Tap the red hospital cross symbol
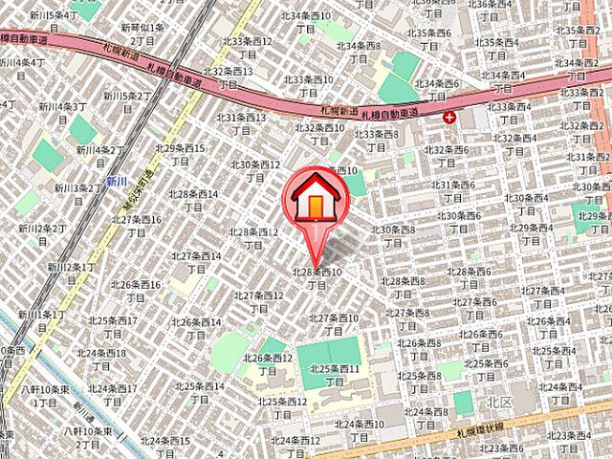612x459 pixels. (450, 117)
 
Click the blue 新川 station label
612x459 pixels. (117, 181)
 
